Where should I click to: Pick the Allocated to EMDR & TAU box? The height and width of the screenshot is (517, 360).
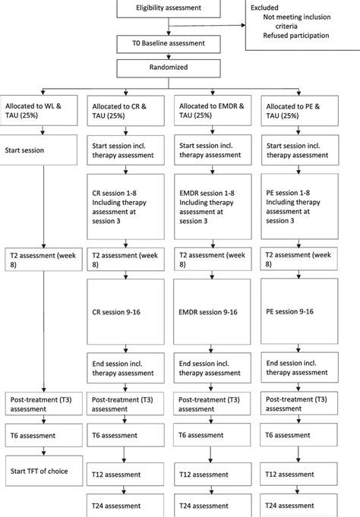(213, 113)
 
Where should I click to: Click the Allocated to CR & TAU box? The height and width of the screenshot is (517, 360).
(126, 113)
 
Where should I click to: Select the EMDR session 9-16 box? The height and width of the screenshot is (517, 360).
(213, 311)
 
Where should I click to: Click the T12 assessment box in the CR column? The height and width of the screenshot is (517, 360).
(126, 474)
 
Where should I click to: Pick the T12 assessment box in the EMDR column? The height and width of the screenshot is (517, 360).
(213, 474)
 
